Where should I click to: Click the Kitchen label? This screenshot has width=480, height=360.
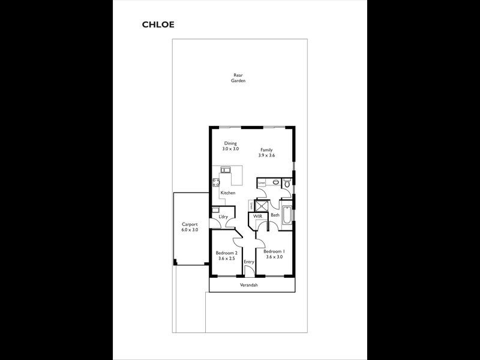pos(227,193)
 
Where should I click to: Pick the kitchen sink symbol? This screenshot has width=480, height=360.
pos(226,170)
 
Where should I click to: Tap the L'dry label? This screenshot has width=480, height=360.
pos(224,216)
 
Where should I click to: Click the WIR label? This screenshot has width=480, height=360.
pos(258,215)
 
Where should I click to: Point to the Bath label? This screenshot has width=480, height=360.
pos(275,215)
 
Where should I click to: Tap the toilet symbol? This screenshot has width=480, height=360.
pos(287,183)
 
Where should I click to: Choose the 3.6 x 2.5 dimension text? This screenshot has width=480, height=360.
pos(227,259)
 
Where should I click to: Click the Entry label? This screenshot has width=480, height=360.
pos(249,262)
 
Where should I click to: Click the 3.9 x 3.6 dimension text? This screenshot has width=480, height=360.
pos(266,155)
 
